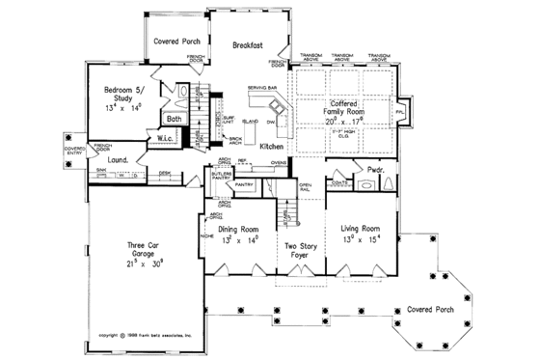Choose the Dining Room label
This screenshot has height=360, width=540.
(239, 228)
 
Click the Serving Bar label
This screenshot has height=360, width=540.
(262, 88)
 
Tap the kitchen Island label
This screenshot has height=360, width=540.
(248, 122)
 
